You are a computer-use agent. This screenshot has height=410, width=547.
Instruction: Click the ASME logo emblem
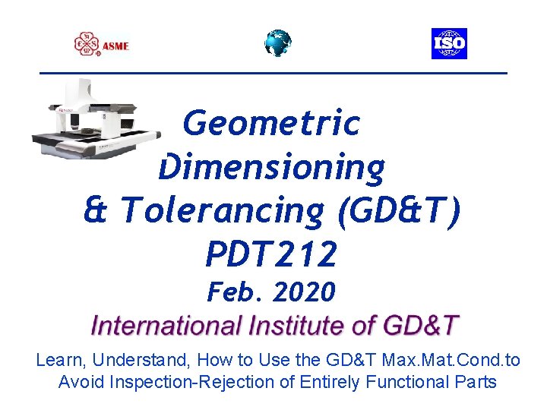tap(87, 44)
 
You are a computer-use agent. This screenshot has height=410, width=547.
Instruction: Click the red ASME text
tap(116, 46)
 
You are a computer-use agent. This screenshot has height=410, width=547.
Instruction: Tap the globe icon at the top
tap(277, 43)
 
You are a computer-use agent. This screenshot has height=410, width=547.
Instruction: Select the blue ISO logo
tap(449, 44)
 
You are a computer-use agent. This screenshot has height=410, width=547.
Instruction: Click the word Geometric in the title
tap(271, 124)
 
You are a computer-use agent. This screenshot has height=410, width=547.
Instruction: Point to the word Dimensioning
tap(271, 167)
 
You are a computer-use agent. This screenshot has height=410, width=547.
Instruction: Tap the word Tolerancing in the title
tap(221, 211)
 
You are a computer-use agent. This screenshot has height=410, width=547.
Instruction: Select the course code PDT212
tap(270, 254)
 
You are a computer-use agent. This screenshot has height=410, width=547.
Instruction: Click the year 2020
tap(302, 291)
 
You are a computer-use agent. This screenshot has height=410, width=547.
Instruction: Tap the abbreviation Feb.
tap(232, 291)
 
